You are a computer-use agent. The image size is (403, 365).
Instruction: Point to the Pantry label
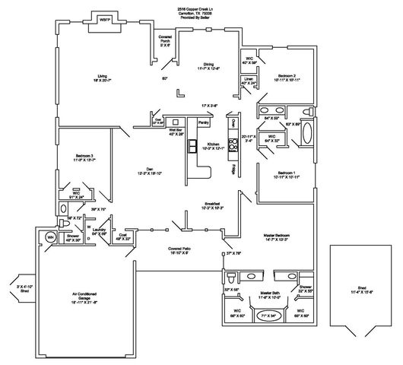point(203,122)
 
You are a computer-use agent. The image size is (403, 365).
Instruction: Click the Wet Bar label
point(176,131)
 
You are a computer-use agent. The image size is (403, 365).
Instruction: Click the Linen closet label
point(248,79)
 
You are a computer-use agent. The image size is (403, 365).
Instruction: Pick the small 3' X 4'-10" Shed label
point(15,288)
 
